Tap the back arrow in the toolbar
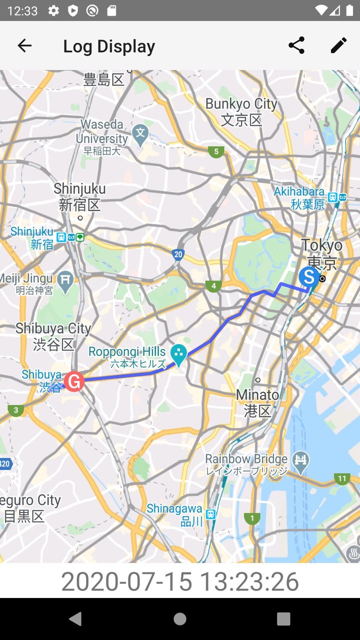(x=24, y=46)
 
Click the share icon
(x=296, y=45)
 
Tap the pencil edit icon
(x=338, y=45)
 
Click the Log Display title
(x=109, y=46)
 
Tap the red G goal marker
(x=74, y=382)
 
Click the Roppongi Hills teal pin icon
(x=178, y=354)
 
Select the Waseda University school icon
(x=141, y=133)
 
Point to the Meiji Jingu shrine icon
(x=65, y=280)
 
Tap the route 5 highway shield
(x=216, y=151)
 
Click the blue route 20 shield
(x=178, y=254)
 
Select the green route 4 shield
(x=213, y=286)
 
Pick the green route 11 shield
(x=342, y=478)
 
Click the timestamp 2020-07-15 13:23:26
(x=180, y=581)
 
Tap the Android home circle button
(x=180, y=619)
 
